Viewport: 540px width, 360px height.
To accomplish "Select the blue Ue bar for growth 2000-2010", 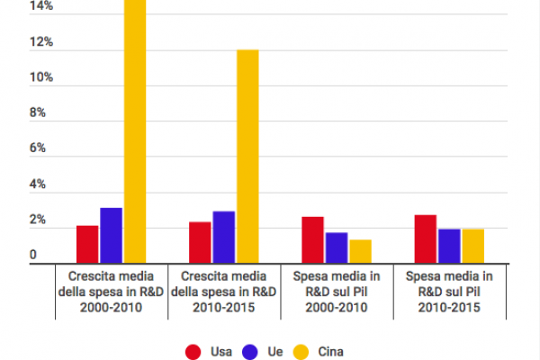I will coord(111,235).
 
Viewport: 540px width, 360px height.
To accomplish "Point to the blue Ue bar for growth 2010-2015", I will coord(223,237).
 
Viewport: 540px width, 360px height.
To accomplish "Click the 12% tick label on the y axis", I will coord(41,42).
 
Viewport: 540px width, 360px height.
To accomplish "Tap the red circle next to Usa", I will coord(192,352).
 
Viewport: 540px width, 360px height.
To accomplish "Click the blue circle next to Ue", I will coord(252,352).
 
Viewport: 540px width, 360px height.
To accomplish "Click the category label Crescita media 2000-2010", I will coord(112,291).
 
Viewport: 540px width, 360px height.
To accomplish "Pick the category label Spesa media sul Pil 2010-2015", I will coord(449,291).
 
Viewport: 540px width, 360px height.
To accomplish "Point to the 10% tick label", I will coord(41,78).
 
